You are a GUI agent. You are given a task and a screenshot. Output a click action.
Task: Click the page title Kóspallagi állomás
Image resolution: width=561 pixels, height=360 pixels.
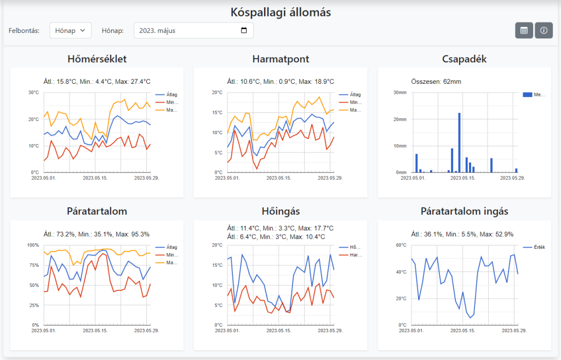tap(280, 12)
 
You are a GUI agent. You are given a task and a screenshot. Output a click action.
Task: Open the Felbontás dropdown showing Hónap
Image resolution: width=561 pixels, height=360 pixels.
tap(70, 31)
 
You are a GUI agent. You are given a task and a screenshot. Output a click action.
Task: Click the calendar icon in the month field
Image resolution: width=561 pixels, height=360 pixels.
tap(244, 31)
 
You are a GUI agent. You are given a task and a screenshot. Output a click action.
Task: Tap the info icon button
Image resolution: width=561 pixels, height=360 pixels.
tap(543, 31)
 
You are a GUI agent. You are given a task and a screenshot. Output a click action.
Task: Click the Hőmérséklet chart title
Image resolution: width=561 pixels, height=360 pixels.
tap(97, 59)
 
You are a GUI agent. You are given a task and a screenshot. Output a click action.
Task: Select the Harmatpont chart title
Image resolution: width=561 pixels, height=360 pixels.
tap(280, 59)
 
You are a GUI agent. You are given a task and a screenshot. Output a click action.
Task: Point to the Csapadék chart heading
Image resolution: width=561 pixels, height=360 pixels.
tap(464, 59)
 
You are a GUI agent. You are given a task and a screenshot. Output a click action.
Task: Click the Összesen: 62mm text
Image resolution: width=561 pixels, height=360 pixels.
tap(436, 82)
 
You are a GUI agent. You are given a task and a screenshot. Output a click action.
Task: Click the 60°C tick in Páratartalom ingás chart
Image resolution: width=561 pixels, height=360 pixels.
tap(400, 245)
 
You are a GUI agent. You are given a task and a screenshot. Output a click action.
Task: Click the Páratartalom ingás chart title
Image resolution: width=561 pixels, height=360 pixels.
tap(464, 212)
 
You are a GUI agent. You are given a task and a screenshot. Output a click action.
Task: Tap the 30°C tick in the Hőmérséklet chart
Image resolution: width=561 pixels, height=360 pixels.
tap(33, 93)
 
